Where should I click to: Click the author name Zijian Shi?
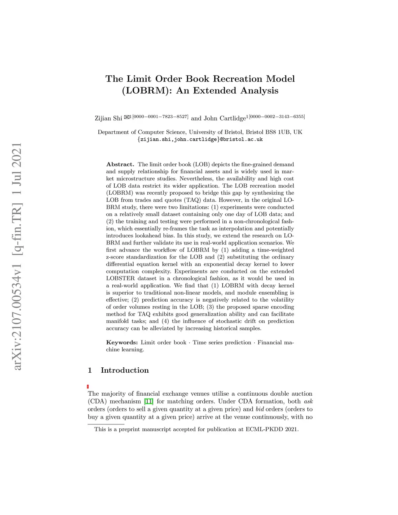click(108, 118)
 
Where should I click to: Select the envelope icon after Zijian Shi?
click(127, 117)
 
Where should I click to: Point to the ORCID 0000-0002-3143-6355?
click(277, 116)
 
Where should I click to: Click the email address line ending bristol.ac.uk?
click(200, 139)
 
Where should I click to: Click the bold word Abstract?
click(120, 164)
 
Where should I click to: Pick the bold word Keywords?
click(122, 342)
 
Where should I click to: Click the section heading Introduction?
click(124, 370)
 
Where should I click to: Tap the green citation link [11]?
click(148, 402)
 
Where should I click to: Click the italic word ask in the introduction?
click(308, 402)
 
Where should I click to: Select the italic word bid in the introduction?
click(260, 409)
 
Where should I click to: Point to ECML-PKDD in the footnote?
click(261, 429)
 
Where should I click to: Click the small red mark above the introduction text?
click(88, 386)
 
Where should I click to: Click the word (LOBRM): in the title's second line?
click(147, 91)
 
